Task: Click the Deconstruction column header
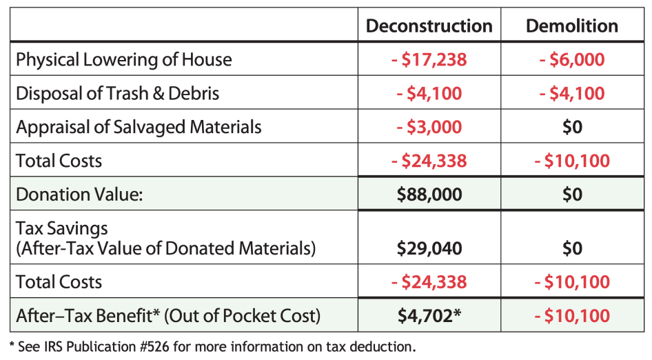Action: click(x=429, y=26)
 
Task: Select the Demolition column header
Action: click(x=571, y=26)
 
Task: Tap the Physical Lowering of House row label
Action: click(x=124, y=60)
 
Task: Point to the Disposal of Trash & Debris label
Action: click(x=118, y=94)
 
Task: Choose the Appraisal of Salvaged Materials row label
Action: click(x=139, y=128)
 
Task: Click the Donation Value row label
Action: click(x=79, y=194)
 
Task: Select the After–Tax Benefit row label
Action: click(x=168, y=316)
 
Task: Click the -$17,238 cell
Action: click(x=429, y=60)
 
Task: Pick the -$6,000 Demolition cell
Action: click(x=571, y=60)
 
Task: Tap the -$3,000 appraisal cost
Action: click(x=429, y=128)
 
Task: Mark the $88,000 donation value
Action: click(x=429, y=194)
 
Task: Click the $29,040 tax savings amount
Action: click(x=429, y=248)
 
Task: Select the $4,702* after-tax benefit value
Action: click(x=429, y=316)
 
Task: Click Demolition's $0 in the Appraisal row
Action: click(x=571, y=128)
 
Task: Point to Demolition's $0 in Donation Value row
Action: click(x=571, y=194)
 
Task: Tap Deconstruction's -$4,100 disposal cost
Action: click(x=429, y=94)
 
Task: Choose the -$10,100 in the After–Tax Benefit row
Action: click(x=571, y=316)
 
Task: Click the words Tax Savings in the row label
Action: click(x=63, y=228)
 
